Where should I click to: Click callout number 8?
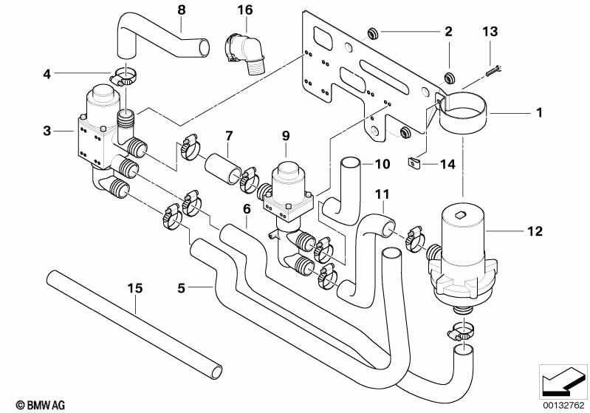pos(182,10)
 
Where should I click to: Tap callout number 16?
pos(245,10)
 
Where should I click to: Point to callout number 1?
pos(540,113)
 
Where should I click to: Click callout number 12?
pos(535,231)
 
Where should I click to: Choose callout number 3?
pos(47,132)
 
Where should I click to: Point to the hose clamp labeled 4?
pos(124,75)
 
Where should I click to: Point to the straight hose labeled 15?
pos(133,325)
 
